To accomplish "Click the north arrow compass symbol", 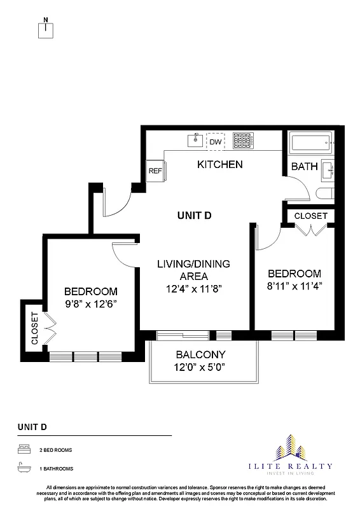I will point(46,29).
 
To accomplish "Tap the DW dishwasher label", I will point(216,141).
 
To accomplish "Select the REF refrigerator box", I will point(155,171).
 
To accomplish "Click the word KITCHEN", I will point(219,165).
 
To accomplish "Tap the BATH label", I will point(304,167).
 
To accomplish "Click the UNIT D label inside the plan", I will point(194,216).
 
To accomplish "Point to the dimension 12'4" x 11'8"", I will point(194,288).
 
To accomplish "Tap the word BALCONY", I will point(201,354).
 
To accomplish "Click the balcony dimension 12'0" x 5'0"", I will point(201,367).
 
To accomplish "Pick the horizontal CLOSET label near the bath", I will point(310,216).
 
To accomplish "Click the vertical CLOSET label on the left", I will point(35,328).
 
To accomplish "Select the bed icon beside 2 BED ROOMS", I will point(23,450).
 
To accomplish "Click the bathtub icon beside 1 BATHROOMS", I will point(23,468).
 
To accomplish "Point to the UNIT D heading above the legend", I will point(32,426).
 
